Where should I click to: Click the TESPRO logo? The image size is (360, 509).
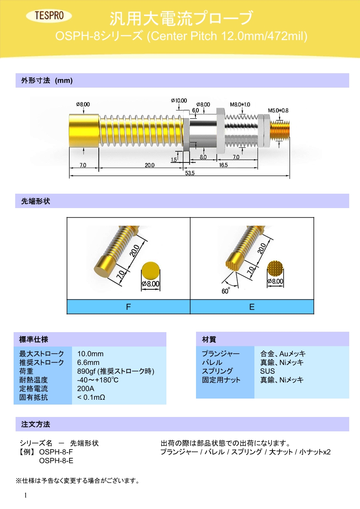click(x=48, y=16)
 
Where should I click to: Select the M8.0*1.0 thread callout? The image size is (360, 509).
click(x=240, y=104)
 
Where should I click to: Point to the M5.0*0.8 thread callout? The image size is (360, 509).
click(x=278, y=110)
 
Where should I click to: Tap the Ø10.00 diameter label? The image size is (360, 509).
click(x=179, y=100)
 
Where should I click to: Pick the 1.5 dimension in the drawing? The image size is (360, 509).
click(x=174, y=159)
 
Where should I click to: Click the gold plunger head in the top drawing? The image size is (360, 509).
click(x=84, y=131)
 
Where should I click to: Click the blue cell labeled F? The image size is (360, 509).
click(x=128, y=307)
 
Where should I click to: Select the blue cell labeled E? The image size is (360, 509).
click(x=252, y=307)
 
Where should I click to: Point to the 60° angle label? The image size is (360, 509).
click(x=226, y=291)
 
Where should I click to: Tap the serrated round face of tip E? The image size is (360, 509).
click(x=275, y=269)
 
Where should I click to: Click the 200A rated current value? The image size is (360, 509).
click(x=86, y=389)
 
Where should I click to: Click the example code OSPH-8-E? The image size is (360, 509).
click(x=56, y=461)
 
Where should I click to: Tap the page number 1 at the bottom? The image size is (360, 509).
click(x=26, y=495)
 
